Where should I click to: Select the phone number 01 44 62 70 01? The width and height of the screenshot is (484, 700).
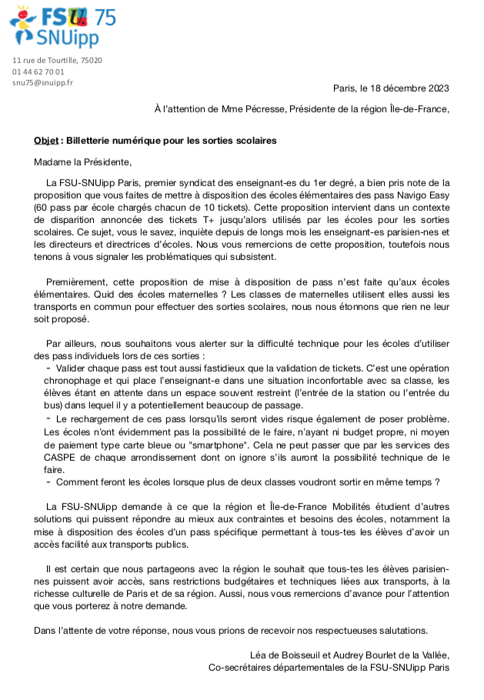(x=38, y=72)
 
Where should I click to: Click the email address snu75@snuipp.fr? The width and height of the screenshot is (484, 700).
(x=42, y=82)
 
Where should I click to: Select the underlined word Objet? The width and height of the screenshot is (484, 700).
(x=46, y=141)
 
